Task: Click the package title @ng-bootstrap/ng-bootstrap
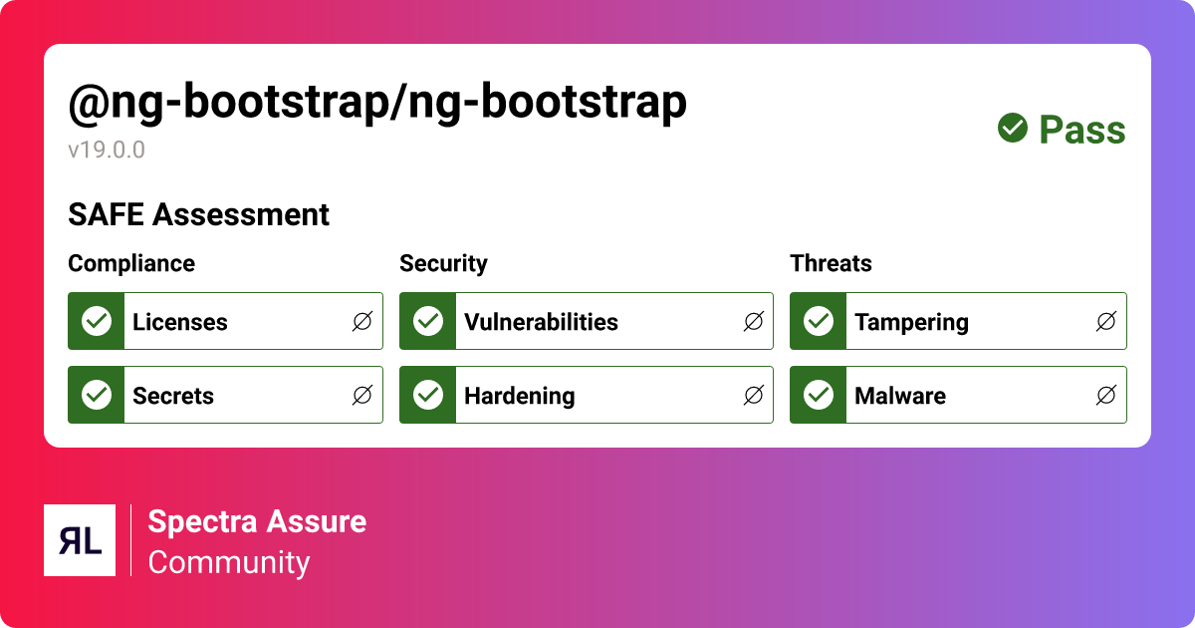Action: click(376, 103)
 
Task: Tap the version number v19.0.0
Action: click(107, 151)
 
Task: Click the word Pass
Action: click(1081, 130)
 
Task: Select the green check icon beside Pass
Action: click(1013, 129)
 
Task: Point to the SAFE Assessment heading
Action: click(198, 214)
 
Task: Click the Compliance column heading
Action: click(131, 263)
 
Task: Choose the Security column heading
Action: click(443, 263)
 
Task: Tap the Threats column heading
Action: click(831, 263)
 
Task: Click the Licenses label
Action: click(180, 322)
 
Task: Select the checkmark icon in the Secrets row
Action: click(97, 395)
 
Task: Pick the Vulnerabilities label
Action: click(541, 322)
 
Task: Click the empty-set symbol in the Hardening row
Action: click(754, 395)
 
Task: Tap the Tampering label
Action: click(911, 322)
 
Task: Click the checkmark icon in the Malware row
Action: click(819, 395)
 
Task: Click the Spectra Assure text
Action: click(257, 521)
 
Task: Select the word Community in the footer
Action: click(229, 562)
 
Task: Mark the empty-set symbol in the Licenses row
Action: click(362, 321)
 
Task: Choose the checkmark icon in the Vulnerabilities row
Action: click(428, 321)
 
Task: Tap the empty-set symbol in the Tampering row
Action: click(1105, 321)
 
